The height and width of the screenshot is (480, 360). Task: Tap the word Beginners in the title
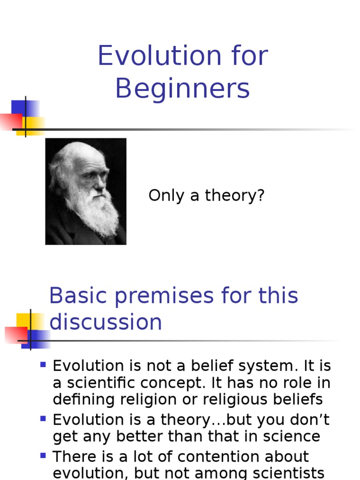pyautogui.click(x=182, y=89)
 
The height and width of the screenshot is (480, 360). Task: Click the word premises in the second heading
pyautogui.click(x=175, y=296)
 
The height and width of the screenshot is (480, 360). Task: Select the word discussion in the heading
pyautogui.click(x=106, y=322)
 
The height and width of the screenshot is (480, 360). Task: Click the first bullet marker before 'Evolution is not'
pyautogui.click(x=44, y=364)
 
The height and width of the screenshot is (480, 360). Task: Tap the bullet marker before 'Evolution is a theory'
pyautogui.click(x=44, y=418)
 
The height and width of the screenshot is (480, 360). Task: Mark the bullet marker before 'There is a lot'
pyautogui.click(x=44, y=455)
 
